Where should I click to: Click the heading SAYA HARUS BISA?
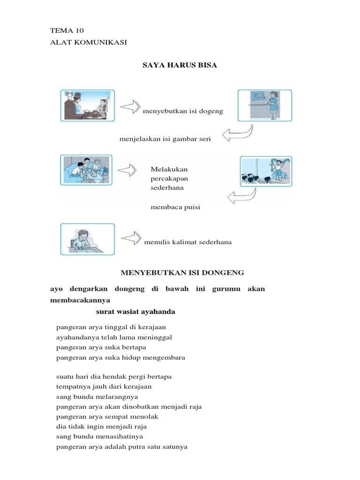pos(180,65)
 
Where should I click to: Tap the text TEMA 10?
pos(67,30)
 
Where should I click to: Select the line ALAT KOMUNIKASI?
pos(89,42)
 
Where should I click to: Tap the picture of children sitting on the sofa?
pos(86,170)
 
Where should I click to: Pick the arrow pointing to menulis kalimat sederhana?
pos(131,237)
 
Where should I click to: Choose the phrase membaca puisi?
pos(175,207)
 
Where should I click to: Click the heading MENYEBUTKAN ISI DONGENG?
pos(182,272)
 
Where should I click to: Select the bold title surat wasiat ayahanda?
pos(135,312)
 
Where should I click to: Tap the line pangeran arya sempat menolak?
pos(107,417)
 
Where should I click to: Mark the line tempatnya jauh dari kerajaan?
pos(104,387)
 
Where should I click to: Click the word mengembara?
pos(167,357)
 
